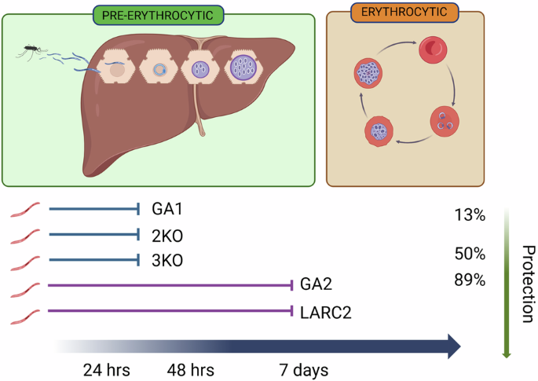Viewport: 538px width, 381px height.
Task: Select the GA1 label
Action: click(164, 210)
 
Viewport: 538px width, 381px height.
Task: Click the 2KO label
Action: click(165, 235)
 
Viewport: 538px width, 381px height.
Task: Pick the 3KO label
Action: click(165, 260)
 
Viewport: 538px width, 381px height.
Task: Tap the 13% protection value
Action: click(469, 215)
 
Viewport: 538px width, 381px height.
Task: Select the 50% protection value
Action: click(469, 254)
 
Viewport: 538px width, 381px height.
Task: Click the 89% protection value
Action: click(469, 280)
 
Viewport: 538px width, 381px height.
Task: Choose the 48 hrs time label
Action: click(192, 368)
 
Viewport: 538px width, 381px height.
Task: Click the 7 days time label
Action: click(302, 368)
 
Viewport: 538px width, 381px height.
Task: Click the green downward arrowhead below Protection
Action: click(507, 353)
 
